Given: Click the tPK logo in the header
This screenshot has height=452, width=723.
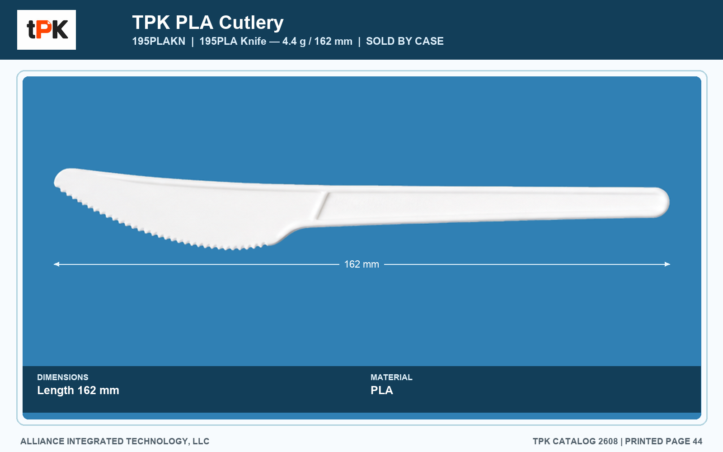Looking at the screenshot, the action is (47, 30).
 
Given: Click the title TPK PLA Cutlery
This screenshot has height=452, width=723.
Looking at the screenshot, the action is (208, 22).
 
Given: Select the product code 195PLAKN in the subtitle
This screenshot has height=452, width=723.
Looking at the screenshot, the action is (159, 41).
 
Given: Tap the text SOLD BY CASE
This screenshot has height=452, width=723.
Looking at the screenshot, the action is (405, 41).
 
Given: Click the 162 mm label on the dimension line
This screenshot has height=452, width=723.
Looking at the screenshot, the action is (361, 264).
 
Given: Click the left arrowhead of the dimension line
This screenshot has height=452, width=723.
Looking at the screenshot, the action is (56, 264).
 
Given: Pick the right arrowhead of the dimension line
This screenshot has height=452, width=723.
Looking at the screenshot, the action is (667, 264).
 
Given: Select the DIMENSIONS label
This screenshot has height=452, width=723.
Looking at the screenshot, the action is (63, 377).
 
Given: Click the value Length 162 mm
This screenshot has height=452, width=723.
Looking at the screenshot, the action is (78, 391).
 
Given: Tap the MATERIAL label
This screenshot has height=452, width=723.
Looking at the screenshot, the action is (391, 377).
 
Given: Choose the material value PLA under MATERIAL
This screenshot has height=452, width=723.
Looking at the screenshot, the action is (381, 391).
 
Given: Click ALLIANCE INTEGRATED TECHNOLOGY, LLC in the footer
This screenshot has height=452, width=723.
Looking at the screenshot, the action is (115, 441).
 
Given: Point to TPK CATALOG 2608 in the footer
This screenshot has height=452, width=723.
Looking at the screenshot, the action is (575, 441).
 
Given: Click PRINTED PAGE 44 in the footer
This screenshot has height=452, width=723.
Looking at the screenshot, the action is (664, 441).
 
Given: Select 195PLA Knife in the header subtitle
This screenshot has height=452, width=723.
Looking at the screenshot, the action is (233, 41).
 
